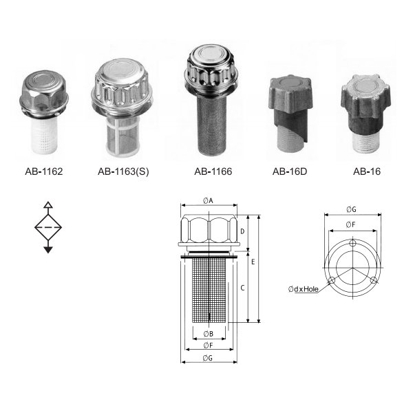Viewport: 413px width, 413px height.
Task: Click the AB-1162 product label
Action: pos(44,171)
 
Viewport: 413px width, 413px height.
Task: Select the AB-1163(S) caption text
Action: pos(123,171)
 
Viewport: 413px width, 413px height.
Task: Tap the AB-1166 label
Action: pos(213,171)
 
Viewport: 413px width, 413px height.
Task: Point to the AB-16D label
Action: pos(290,171)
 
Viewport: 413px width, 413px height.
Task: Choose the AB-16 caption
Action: pos(367,171)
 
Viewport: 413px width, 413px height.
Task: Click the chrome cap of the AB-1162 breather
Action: pos(44,94)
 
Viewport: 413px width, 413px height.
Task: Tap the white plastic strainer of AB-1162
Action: pos(44,136)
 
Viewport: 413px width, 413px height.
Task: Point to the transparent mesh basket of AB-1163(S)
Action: pos(123,137)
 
